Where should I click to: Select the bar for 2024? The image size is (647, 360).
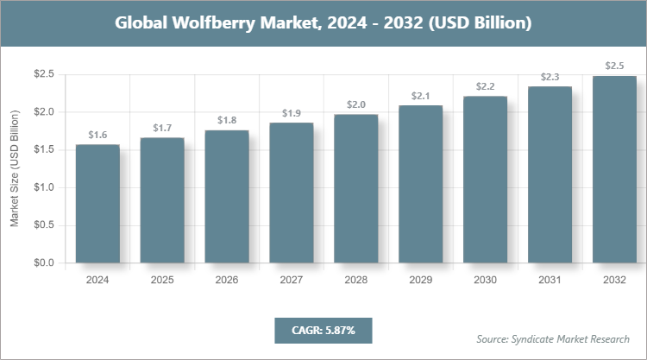click(97, 204)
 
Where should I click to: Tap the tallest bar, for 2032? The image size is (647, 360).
click(614, 169)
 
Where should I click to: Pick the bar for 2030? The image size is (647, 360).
click(485, 180)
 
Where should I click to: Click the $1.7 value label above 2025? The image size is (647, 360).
click(161, 128)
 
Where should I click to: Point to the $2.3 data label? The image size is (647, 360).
click(550, 77)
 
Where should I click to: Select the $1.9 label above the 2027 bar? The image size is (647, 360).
click(291, 113)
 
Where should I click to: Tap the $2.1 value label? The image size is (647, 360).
click(420, 96)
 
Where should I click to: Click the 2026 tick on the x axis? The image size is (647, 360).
click(226, 281)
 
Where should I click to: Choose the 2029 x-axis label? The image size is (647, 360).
click(420, 281)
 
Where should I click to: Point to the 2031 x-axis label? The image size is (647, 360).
click(550, 281)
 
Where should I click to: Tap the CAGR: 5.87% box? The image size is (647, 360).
click(323, 330)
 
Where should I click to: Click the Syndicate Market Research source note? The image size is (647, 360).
click(553, 338)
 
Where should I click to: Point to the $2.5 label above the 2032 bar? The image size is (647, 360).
click(614, 66)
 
